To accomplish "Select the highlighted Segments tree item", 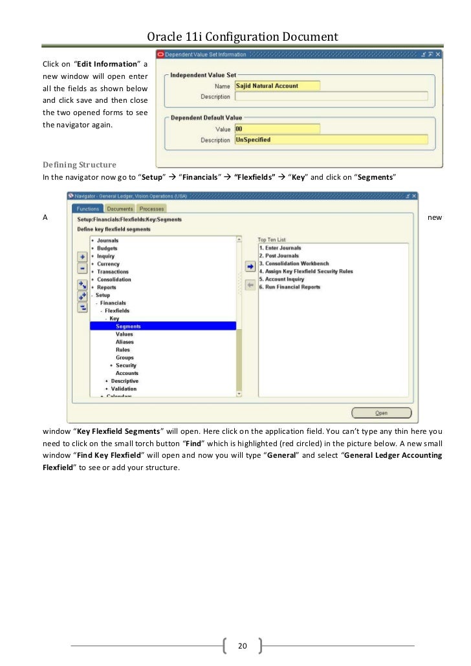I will point(128,327).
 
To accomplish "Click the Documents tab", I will point(120,209).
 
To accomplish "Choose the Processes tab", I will point(151,209).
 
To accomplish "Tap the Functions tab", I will point(88,209).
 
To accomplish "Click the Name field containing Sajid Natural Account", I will point(277,85).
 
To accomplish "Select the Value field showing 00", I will point(277,129).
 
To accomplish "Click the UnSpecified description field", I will point(330,140).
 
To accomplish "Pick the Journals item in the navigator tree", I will point(107,241).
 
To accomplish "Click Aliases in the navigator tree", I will point(124,342).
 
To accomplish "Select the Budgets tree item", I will point(107,248).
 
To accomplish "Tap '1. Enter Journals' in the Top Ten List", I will point(280,248).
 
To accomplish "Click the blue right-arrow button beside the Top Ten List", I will point(250,266).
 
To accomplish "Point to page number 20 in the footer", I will point(243,646).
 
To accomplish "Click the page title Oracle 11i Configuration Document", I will point(235,37).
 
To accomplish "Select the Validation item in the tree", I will point(124,389).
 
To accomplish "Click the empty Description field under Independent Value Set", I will point(330,96).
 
